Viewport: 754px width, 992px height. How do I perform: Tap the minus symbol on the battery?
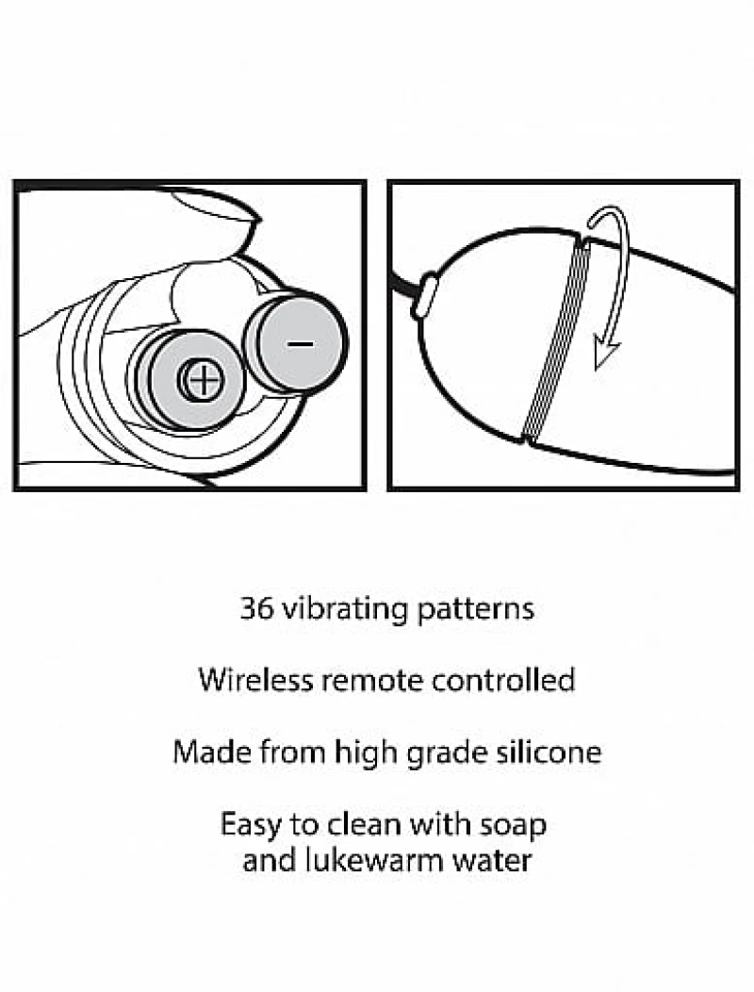tap(300, 344)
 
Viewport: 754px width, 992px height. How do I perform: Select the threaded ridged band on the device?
tap(554, 339)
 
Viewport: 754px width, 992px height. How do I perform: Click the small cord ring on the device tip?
tap(424, 296)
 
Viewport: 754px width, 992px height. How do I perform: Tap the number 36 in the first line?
tap(256, 608)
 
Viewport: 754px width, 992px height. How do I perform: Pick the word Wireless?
tap(255, 680)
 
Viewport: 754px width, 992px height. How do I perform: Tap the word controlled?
tap(503, 680)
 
